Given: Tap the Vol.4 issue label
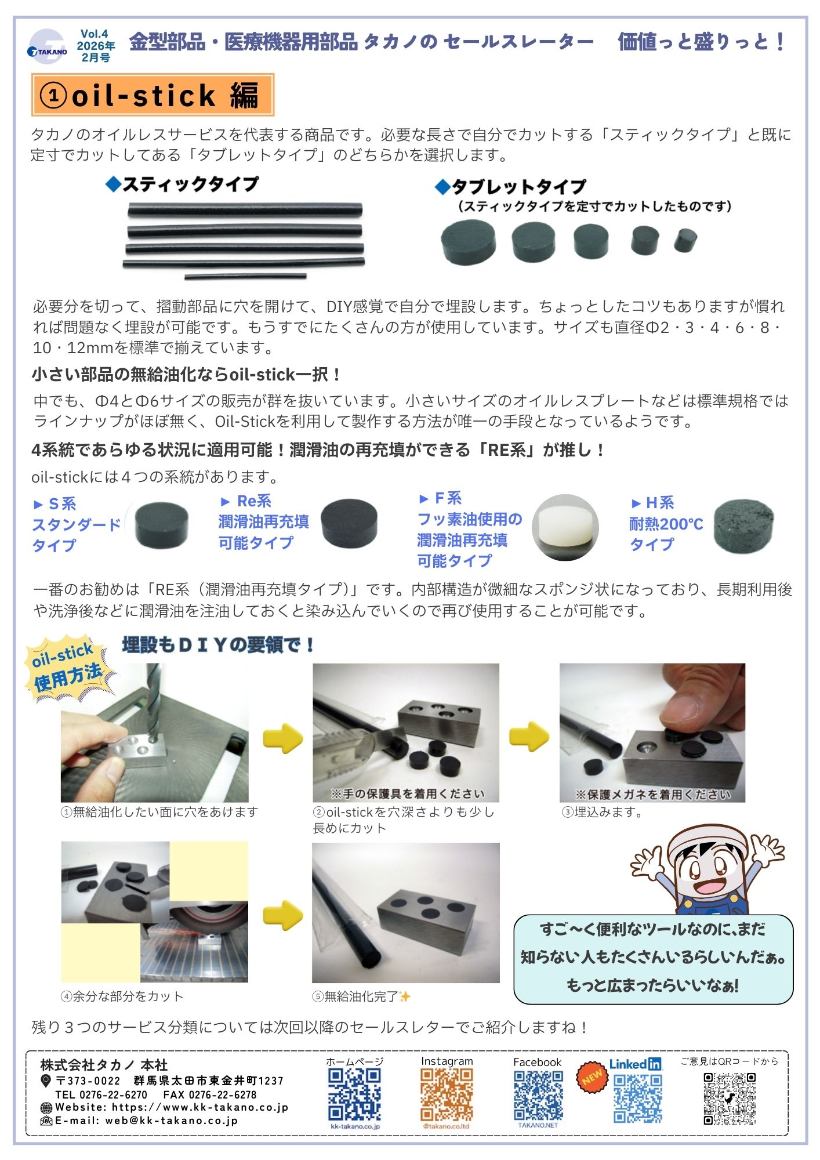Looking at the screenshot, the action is tap(95, 34).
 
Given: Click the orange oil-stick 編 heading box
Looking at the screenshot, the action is tap(153, 95).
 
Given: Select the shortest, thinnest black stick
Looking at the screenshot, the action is tap(245, 276).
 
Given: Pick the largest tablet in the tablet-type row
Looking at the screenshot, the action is tap(469, 243).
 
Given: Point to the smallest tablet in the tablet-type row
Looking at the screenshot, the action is tap(685, 240).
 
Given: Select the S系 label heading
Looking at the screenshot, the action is tap(55, 503).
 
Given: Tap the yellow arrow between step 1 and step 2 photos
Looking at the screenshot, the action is tap(283, 738).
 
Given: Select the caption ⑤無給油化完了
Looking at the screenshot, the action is tap(361, 996).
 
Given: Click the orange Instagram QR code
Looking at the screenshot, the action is tap(447, 1094).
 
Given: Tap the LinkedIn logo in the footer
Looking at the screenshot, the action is tap(636, 1064).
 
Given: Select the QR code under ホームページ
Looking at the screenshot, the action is tap(355, 1094).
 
